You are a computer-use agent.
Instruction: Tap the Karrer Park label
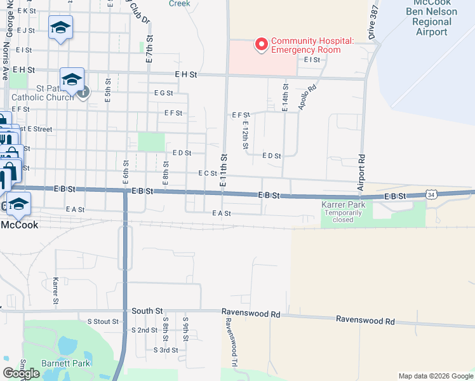point(344,206)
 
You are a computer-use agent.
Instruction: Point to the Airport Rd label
point(361,172)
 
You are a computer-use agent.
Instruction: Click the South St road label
point(147,311)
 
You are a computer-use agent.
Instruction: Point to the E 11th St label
point(224,170)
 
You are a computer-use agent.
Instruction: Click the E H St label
point(186,74)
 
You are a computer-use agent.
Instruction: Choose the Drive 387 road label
point(371,21)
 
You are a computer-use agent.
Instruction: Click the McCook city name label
point(19,225)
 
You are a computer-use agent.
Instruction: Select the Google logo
point(22,373)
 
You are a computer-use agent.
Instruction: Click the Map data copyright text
point(436,376)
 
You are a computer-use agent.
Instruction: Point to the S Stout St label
point(103,321)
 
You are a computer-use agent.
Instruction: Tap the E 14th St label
point(285,98)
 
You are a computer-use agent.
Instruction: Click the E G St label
point(163,93)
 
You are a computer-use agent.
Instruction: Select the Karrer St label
point(56,290)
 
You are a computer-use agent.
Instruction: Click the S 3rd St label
point(166,350)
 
